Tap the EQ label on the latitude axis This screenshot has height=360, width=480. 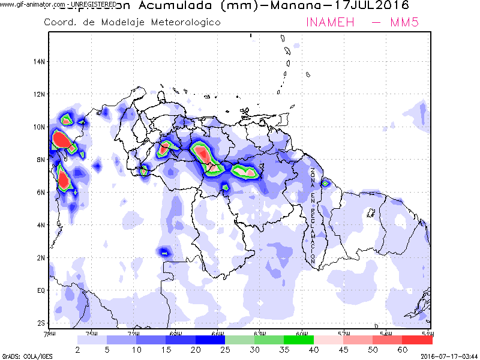41,290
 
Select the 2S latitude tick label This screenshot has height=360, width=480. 41,323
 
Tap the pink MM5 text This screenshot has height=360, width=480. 410,22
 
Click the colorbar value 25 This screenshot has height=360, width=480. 225,349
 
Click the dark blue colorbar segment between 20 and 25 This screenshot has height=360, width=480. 210,340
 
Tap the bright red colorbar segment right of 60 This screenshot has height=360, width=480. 418,340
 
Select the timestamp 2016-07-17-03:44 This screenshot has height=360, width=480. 449,356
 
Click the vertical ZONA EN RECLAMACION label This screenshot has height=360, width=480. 313,216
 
